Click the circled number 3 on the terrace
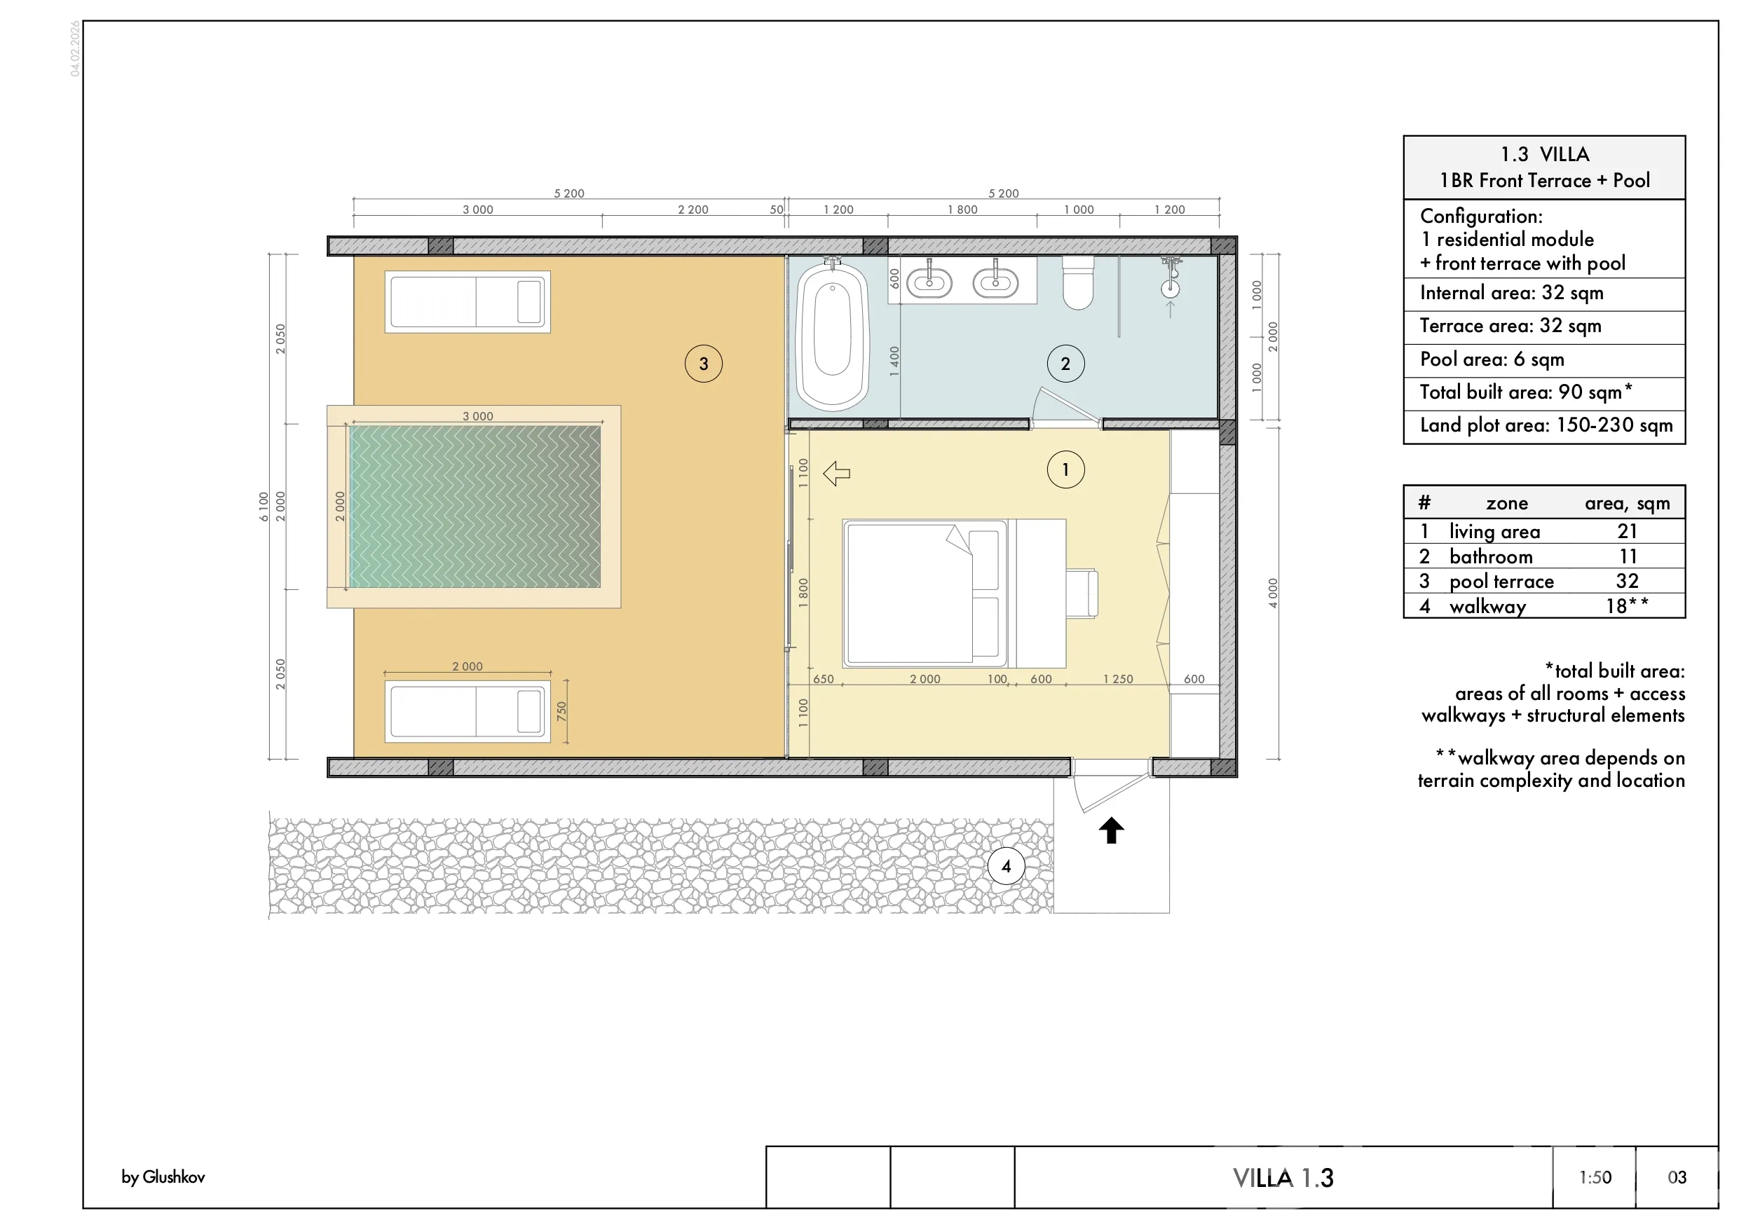pos(703,364)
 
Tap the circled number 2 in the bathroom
pos(1065,364)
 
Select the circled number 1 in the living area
pos(1065,469)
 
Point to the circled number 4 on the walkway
pos(1006,866)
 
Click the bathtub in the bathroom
pos(833,336)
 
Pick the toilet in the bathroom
pos(1078,282)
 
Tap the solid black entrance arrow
pos(1111,830)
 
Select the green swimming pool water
pos(475,507)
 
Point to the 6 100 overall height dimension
pos(264,507)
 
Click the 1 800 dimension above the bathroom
pos(962,210)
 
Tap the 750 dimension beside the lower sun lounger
pos(561,711)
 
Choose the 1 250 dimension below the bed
pos(1118,679)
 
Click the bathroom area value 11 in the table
pos(1628,556)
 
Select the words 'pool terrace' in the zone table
pos(1501,582)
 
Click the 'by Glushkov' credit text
pos(163,1176)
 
